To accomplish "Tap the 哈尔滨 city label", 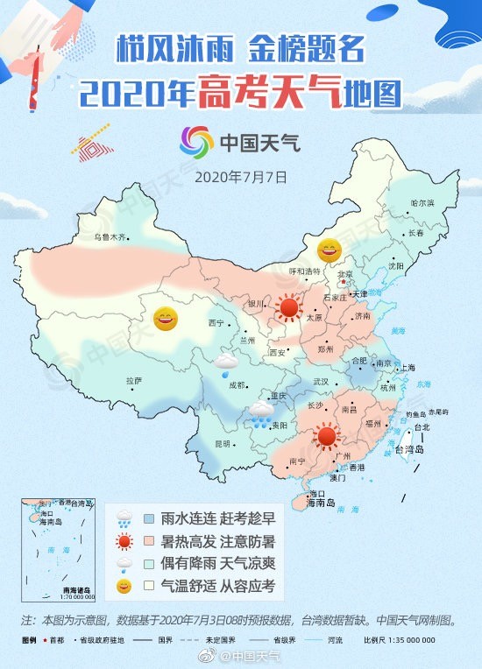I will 422,203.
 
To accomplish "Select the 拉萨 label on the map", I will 133,380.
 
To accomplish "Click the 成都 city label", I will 237,384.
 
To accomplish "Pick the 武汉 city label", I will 321,381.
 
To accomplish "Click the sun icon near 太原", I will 287,307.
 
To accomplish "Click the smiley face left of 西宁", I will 165,319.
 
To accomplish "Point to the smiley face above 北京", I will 329,252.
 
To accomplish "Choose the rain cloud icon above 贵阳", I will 260,413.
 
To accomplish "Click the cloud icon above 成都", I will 227,361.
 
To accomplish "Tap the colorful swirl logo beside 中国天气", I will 196,142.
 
